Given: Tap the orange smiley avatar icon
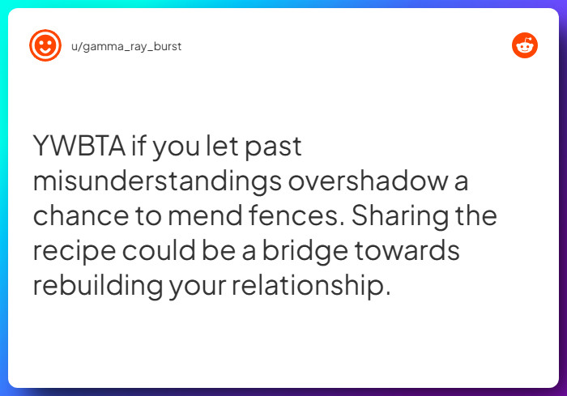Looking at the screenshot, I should (45, 46).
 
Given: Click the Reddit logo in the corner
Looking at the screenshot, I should (525, 45).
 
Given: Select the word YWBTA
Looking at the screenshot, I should (79, 147).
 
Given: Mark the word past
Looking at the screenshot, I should (272, 147).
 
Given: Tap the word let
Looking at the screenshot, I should (217, 147).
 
